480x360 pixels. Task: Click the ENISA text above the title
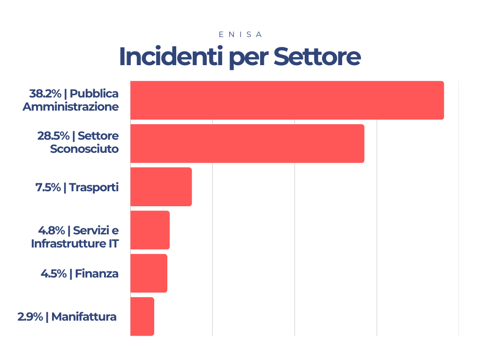click(240, 35)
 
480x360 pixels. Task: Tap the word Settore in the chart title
click(317, 57)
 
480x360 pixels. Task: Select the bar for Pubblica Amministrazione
click(287, 100)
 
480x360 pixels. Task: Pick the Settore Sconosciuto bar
click(247, 143)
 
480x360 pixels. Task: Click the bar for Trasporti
click(161, 187)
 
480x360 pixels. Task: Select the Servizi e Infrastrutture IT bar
click(150, 230)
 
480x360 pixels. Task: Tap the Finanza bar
click(149, 273)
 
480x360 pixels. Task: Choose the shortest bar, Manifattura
click(142, 316)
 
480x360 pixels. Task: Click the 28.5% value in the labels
click(53, 136)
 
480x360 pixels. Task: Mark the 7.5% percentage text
click(48, 187)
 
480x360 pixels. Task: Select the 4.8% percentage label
click(51, 231)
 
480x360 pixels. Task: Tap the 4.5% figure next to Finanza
click(53, 274)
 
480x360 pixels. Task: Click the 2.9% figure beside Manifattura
click(30, 317)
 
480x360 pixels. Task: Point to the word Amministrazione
click(70, 106)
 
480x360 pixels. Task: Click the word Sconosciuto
click(84, 150)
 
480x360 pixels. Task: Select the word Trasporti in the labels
click(94, 187)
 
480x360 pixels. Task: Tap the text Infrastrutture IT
click(75, 244)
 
